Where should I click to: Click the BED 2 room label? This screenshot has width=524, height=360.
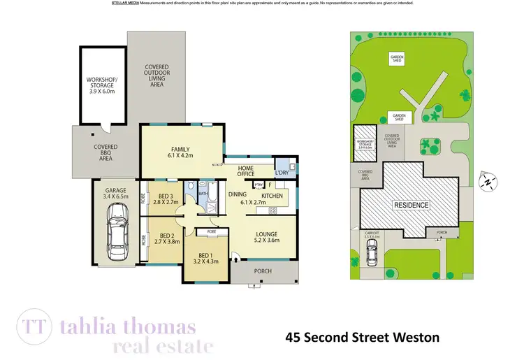(x=166, y=236)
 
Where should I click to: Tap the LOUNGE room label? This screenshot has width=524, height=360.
(x=266, y=234)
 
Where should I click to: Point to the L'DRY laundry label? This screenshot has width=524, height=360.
(x=282, y=173)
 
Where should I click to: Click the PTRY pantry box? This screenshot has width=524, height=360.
(x=259, y=185)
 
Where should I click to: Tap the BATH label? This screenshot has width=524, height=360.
(x=203, y=193)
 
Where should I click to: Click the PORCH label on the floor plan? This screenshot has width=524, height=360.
(x=263, y=271)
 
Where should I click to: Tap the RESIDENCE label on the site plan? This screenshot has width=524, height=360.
(x=411, y=205)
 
